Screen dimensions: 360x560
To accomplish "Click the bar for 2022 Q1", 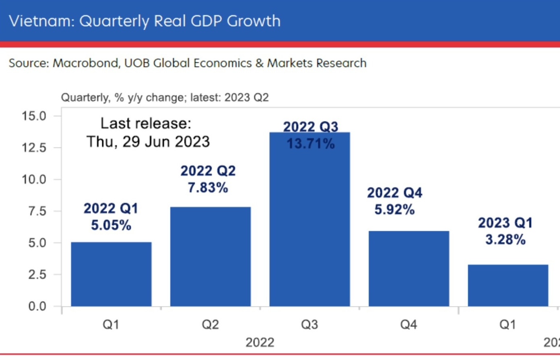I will point(111,274).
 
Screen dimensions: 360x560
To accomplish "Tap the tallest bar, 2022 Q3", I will point(309,226).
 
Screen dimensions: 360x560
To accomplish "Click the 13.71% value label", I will point(310,144).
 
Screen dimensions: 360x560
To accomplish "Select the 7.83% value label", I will point(208,188).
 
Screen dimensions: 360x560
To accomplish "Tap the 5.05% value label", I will point(111,225).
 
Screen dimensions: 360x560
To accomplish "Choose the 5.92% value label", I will point(394,209).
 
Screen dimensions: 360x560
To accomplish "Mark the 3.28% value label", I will point(505,240).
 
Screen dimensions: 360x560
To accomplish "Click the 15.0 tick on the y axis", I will point(34,116).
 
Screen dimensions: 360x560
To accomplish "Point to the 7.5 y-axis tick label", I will point(37,211).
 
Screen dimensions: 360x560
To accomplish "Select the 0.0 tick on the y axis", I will point(37,306).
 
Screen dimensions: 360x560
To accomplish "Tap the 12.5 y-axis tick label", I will point(34,148).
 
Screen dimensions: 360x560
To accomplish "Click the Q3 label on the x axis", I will point(309,324).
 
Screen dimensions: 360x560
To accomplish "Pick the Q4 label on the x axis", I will point(409,324).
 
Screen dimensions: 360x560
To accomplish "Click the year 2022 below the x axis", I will point(260,343).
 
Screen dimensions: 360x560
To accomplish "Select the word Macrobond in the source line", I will point(86,63).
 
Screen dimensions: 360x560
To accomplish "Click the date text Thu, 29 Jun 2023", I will point(148,142).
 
